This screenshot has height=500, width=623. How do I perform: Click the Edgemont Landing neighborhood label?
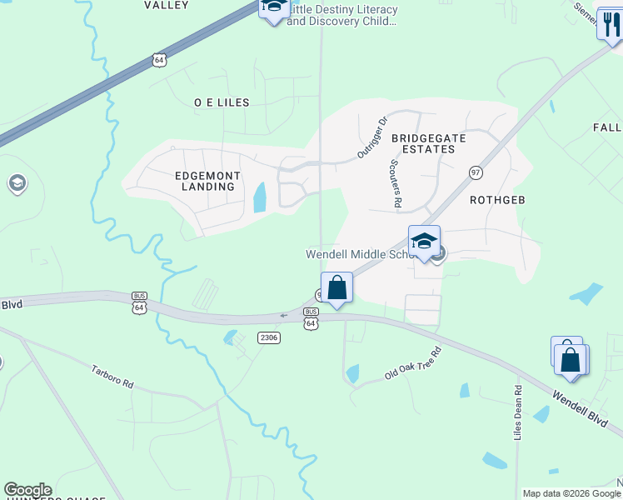click(x=207, y=181)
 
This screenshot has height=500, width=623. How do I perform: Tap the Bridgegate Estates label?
click(x=422, y=142)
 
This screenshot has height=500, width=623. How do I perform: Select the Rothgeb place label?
click(x=498, y=200)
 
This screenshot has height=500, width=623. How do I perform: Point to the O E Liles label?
click(x=222, y=102)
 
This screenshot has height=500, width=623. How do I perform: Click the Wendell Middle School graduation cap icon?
click(x=424, y=241)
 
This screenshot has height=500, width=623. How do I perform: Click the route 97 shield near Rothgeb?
click(x=476, y=172)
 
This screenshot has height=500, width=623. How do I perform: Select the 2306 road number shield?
click(x=268, y=337)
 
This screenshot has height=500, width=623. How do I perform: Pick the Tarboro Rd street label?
click(x=112, y=378)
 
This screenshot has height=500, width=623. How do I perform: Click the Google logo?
click(x=27, y=490)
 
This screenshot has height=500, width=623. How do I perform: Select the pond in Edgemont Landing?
click(x=260, y=197)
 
